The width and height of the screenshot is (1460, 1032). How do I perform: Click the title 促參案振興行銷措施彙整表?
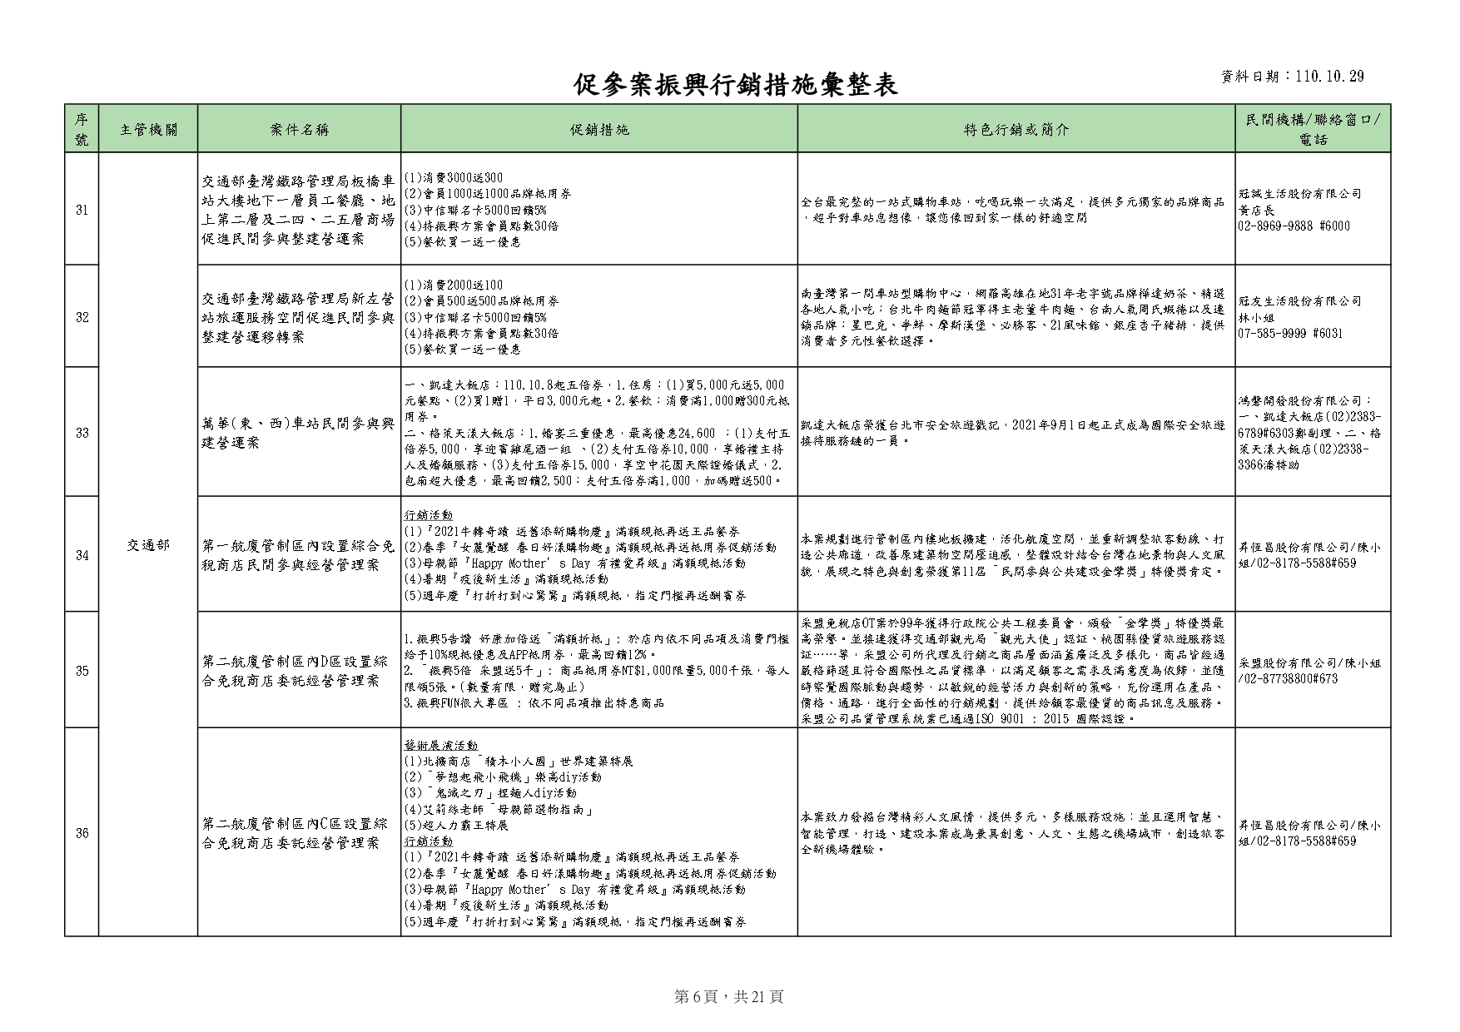[x=735, y=84]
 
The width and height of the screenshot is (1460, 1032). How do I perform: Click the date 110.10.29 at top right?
[x=1329, y=77]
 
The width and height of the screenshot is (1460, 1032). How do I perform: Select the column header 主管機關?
[x=148, y=129]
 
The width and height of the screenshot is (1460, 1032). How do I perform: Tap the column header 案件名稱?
[x=300, y=129]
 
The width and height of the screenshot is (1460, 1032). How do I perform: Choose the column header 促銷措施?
[x=599, y=129]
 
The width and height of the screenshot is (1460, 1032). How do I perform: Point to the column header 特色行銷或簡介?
[x=1016, y=129]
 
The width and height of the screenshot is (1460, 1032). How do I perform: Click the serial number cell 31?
[x=82, y=210]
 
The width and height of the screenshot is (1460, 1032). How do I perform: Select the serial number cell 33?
[x=82, y=433]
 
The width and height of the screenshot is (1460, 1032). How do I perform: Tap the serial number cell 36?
[x=82, y=833]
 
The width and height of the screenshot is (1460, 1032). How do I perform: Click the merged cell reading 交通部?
[x=148, y=545]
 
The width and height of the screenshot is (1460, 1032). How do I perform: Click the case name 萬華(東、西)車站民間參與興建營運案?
[x=299, y=433]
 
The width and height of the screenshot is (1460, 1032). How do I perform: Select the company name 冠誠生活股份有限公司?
[x=1300, y=194]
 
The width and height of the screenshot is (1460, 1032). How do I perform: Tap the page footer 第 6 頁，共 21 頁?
[x=728, y=997]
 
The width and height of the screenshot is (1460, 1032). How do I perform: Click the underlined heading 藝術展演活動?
[x=441, y=745]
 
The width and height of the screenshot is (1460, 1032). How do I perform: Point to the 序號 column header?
[x=82, y=129]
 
